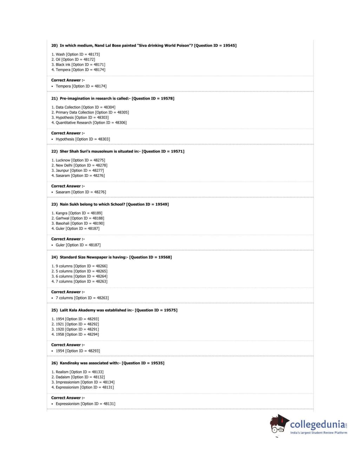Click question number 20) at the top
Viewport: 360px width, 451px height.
click(x=54, y=46)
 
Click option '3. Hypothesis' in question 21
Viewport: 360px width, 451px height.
click(x=80, y=118)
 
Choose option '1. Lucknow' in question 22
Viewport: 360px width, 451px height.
click(x=78, y=160)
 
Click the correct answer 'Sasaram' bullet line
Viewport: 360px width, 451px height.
click(x=80, y=192)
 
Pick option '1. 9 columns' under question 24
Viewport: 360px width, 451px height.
click(x=79, y=266)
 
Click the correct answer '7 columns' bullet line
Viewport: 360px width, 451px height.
click(x=82, y=298)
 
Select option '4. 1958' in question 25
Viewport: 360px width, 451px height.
click(x=75, y=335)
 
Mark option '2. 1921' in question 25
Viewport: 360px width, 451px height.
click(x=75, y=324)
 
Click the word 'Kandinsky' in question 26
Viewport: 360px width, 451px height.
click(x=69, y=363)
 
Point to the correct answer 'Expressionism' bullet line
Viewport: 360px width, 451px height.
click(x=85, y=404)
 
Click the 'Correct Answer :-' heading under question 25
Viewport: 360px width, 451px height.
click(x=68, y=345)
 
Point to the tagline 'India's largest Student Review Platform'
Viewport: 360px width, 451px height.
click(x=318, y=433)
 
